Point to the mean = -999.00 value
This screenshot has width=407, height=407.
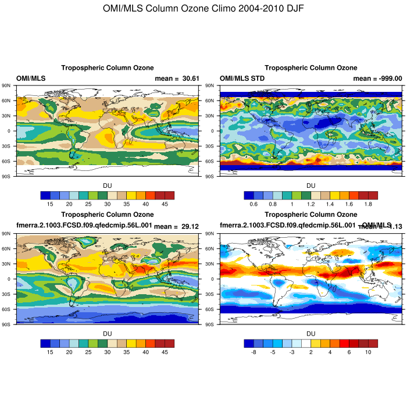coord(378,78)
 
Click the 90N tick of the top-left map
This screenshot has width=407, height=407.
coord(6,85)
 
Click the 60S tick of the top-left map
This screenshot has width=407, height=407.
coord(6,160)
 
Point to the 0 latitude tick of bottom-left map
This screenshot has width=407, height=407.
coord(9,279)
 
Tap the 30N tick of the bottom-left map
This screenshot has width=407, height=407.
coord(6,263)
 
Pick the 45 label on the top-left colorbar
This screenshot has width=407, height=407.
coord(165,204)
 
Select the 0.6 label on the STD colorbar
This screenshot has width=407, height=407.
coord(254,204)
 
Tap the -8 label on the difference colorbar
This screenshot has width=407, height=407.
coord(254,352)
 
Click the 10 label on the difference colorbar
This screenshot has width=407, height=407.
coord(368,352)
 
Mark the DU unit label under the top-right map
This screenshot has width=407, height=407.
coord(311,185)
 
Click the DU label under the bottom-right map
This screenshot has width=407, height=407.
coord(311,333)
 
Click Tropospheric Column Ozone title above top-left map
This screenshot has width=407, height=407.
coord(108,68)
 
